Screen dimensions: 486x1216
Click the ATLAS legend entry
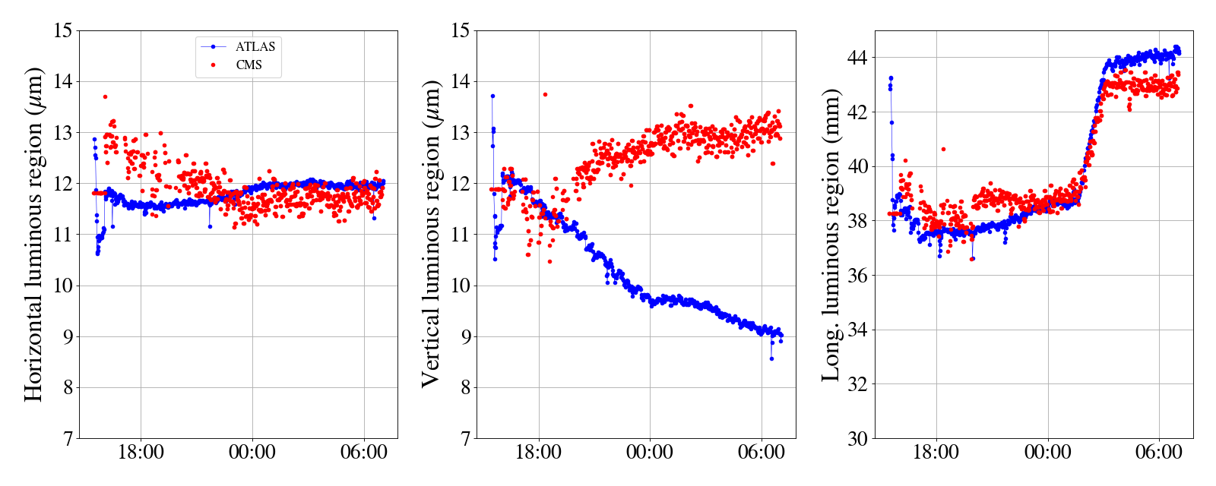pos(255,47)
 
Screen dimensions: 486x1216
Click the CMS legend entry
pos(249,65)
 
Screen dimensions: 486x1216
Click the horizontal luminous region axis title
pos(34,234)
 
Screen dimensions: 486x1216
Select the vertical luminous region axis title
pos(431,234)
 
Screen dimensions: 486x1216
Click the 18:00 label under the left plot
pos(141,453)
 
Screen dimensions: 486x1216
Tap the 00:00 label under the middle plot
pos(650,453)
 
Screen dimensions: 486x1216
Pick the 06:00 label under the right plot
pos(1159,453)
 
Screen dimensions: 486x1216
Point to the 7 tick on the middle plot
pos(464,439)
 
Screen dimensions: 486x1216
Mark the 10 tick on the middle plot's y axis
pos(460,286)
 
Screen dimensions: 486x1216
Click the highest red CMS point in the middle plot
pos(545,95)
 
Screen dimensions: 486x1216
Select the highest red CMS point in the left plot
pos(105,96)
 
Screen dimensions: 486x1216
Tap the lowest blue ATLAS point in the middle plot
pos(771,358)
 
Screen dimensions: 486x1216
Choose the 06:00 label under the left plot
pos(364,453)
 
